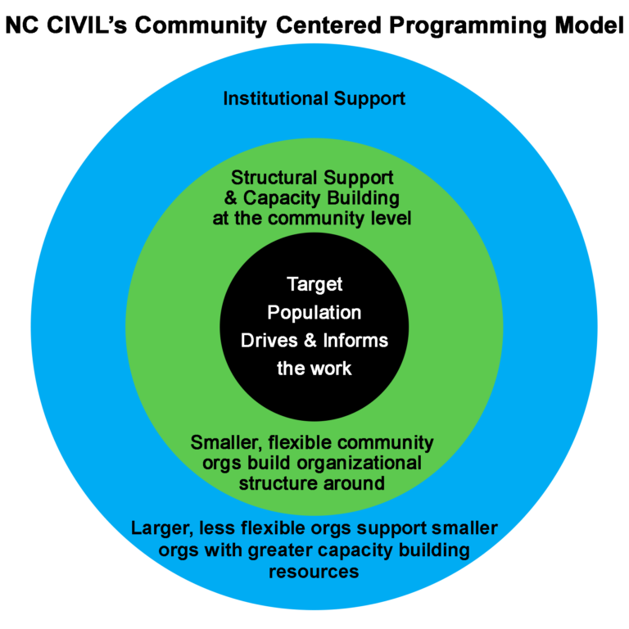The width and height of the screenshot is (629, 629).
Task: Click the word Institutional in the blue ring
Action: point(275,98)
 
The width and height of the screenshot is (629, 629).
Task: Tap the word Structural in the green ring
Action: point(274,177)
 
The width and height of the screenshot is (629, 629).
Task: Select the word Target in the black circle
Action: point(314,285)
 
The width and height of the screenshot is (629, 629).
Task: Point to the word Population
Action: point(314,313)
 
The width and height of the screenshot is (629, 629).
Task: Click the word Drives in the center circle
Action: point(269,341)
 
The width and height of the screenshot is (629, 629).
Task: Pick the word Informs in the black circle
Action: point(355,341)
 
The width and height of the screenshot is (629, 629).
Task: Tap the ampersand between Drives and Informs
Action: point(310,341)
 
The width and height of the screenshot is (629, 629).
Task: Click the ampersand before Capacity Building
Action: point(231,197)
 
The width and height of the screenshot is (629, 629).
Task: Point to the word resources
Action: point(314,572)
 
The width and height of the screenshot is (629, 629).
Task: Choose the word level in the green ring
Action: point(390,218)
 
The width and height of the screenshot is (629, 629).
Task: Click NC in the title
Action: point(21,25)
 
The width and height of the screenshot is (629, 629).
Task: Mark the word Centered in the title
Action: point(328,25)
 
